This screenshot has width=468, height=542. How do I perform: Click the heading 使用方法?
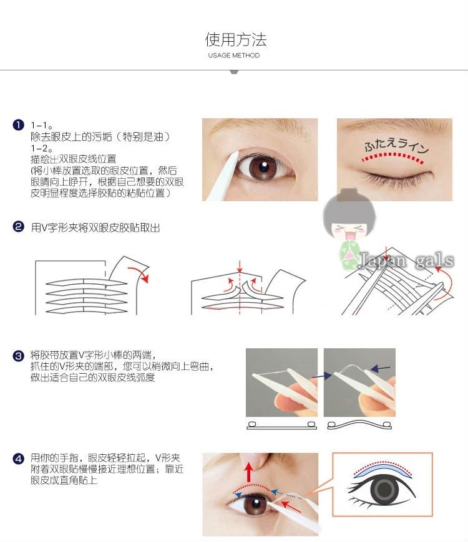pyautogui.click(x=236, y=39)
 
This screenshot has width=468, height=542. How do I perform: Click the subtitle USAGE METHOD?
pyautogui.click(x=233, y=55)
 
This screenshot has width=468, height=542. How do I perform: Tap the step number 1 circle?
pyautogui.click(x=18, y=125)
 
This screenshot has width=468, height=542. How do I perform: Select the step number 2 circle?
pyautogui.click(x=18, y=227)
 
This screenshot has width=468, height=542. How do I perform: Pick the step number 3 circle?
pyautogui.click(x=18, y=356)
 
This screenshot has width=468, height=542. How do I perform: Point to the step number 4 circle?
pyautogui.click(x=18, y=459)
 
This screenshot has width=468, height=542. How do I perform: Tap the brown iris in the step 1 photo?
pyautogui.click(x=263, y=167)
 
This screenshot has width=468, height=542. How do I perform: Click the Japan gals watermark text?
pyautogui.click(x=406, y=260)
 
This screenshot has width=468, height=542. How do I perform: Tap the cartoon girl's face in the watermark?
pyautogui.click(x=349, y=230)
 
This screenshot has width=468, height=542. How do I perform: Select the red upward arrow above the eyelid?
pyautogui.click(x=248, y=472)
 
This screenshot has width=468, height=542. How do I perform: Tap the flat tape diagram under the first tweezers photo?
pyautogui.click(x=281, y=425)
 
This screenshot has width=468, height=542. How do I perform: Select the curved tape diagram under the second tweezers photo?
pyautogui.click(x=359, y=425)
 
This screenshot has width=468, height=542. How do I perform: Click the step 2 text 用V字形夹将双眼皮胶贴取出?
pyautogui.click(x=95, y=227)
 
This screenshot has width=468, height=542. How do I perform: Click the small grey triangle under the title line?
pyautogui.click(x=234, y=72)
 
